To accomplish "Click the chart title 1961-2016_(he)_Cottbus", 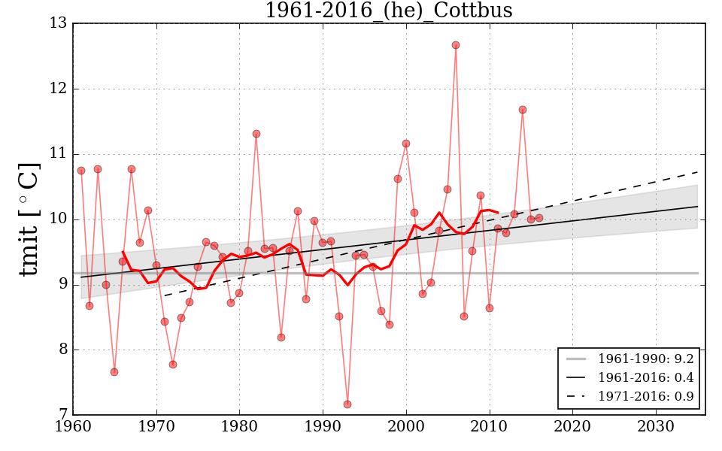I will [388, 11].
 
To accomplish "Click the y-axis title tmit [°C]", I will [30, 219].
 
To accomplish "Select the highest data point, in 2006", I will [456, 45].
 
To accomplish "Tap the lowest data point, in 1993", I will [347, 404].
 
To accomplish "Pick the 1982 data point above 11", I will [256, 134].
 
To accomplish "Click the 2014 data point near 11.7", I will [523, 110].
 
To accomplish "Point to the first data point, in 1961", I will [81, 171].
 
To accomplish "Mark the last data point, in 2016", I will [539, 218].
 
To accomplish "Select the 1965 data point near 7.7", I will [114, 372].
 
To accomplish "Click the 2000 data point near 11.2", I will [406, 144].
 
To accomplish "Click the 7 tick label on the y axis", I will [61, 415].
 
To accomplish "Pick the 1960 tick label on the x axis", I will [73, 425].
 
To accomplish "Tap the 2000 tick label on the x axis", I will [406, 425].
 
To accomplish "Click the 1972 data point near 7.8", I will [173, 365].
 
